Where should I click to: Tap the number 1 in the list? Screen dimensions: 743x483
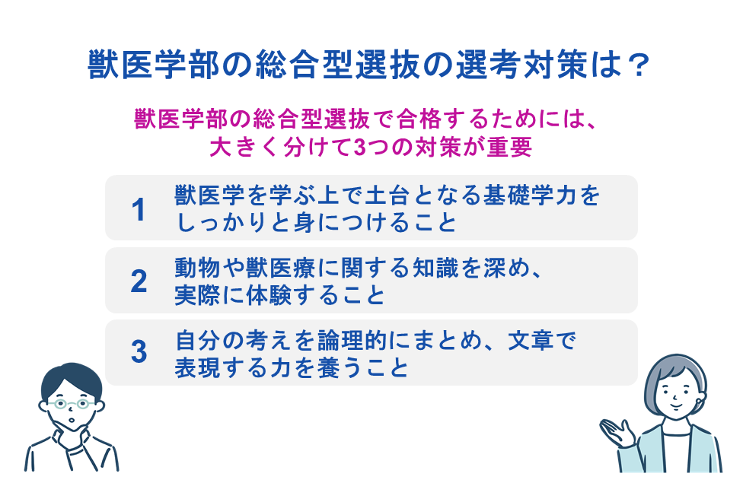pos(138,209)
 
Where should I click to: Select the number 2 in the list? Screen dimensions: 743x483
pos(139,281)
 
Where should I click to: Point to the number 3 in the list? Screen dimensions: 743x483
pos(139,352)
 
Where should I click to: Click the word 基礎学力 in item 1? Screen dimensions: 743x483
pos(530,195)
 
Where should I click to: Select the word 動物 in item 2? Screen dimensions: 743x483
pos(198,268)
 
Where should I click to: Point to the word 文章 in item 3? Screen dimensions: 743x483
pos(531,340)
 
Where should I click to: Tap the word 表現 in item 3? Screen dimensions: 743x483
pos(198,367)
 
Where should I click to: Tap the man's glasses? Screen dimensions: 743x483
pos(72,404)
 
